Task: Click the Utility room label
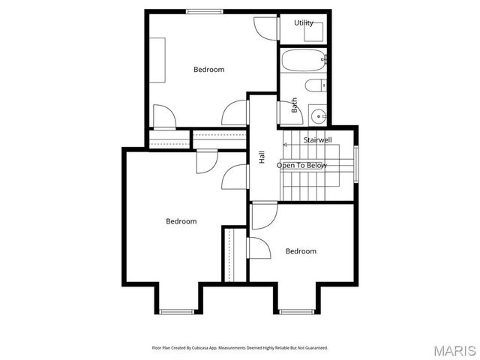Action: pyautogui.click(x=304, y=22)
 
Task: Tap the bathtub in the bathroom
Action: pyautogui.click(x=304, y=58)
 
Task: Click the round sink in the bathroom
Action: pyautogui.click(x=319, y=115)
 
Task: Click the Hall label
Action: pyautogui.click(x=262, y=157)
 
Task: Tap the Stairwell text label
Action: pyautogui.click(x=317, y=139)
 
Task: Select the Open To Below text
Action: pyautogui.click(x=301, y=165)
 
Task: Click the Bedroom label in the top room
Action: pyautogui.click(x=208, y=70)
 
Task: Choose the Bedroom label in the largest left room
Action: pyautogui.click(x=181, y=221)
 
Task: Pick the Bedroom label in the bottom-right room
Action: pyautogui.click(x=301, y=251)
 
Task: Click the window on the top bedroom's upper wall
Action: pyautogui.click(x=203, y=11)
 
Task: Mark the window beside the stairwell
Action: pyautogui.click(x=357, y=163)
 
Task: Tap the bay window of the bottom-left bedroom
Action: pyautogui.click(x=177, y=311)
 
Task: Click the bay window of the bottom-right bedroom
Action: pyautogui.click(x=297, y=311)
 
